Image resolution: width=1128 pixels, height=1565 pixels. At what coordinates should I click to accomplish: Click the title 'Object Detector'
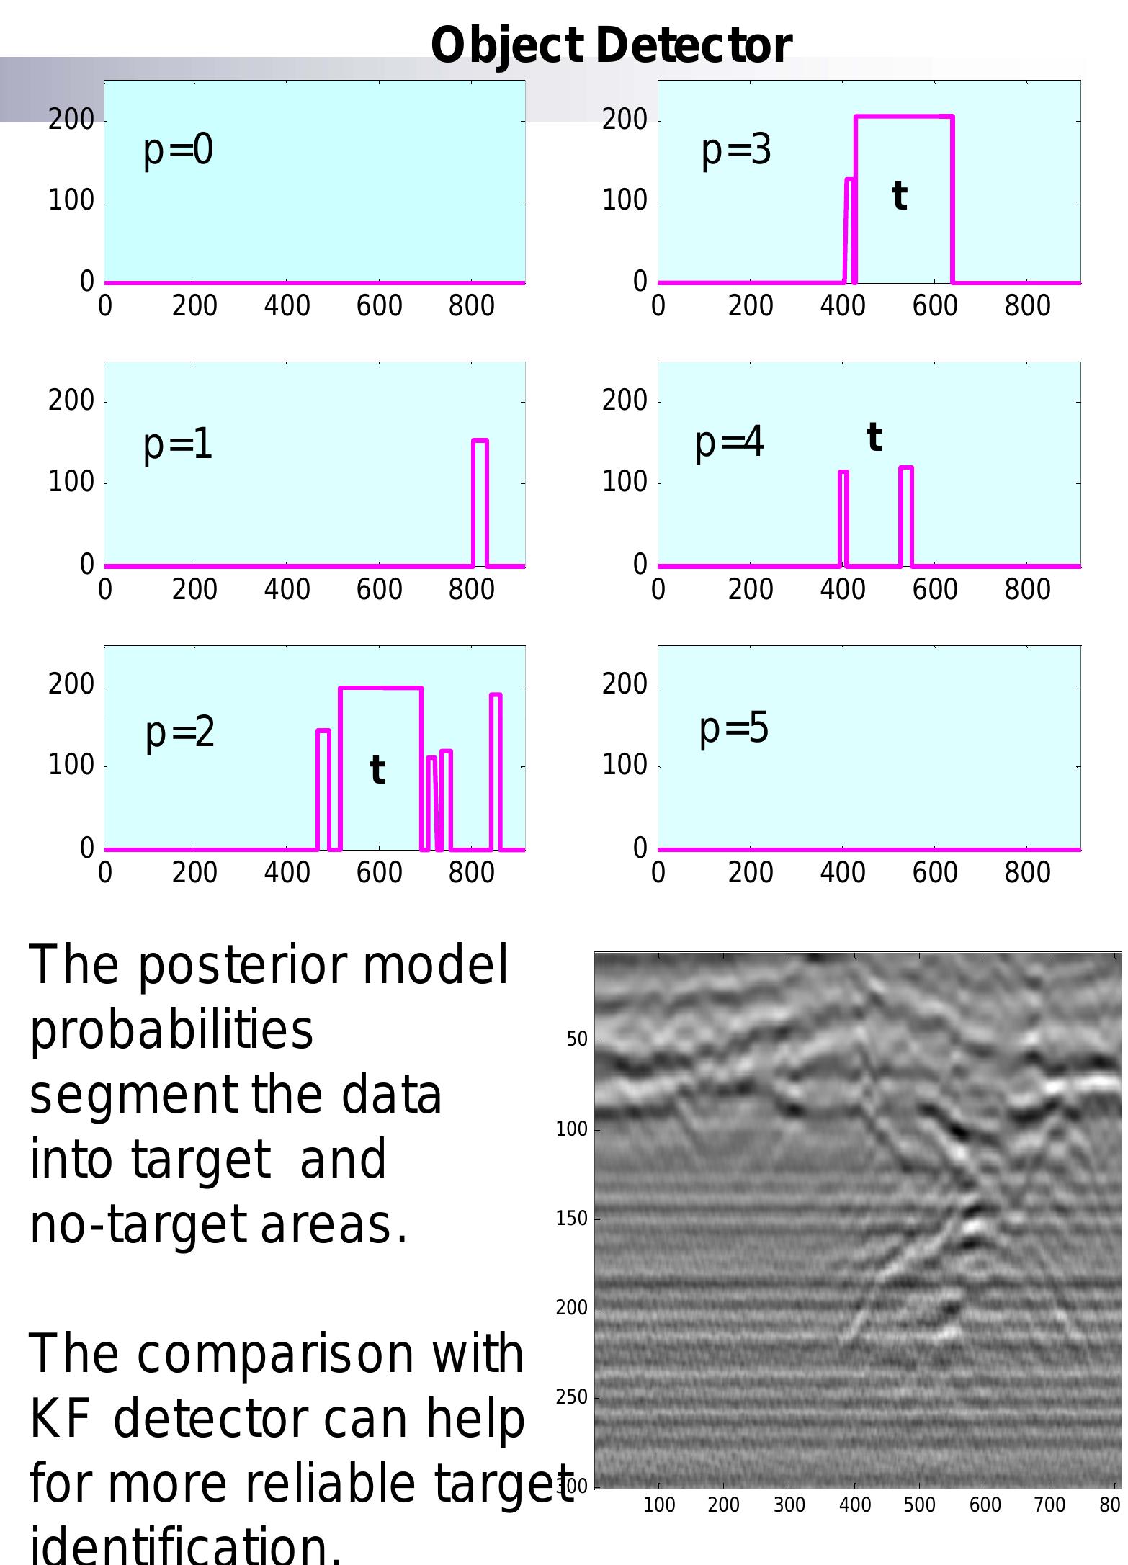click(x=611, y=45)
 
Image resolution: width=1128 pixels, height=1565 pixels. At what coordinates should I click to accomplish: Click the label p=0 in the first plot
click(x=178, y=151)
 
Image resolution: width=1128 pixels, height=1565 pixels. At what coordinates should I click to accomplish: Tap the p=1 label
click(x=178, y=444)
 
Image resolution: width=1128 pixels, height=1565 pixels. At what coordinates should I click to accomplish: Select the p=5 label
click(x=734, y=727)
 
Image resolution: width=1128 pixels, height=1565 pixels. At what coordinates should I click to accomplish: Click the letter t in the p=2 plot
click(x=377, y=770)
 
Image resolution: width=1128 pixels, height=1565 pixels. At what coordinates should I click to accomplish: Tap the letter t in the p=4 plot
click(x=874, y=437)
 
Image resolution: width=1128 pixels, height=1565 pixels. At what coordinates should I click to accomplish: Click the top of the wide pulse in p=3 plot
click(x=904, y=116)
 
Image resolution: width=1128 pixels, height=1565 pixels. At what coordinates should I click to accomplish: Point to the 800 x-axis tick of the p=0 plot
click(x=471, y=306)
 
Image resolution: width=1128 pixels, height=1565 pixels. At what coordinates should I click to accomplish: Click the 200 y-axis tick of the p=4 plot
click(x=625, y=400)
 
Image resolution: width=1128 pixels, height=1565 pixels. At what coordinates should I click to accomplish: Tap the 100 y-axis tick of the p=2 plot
click(x=71, y=765)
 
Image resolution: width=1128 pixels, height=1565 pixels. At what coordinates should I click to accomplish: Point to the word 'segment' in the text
click(x=133, y=1095)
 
